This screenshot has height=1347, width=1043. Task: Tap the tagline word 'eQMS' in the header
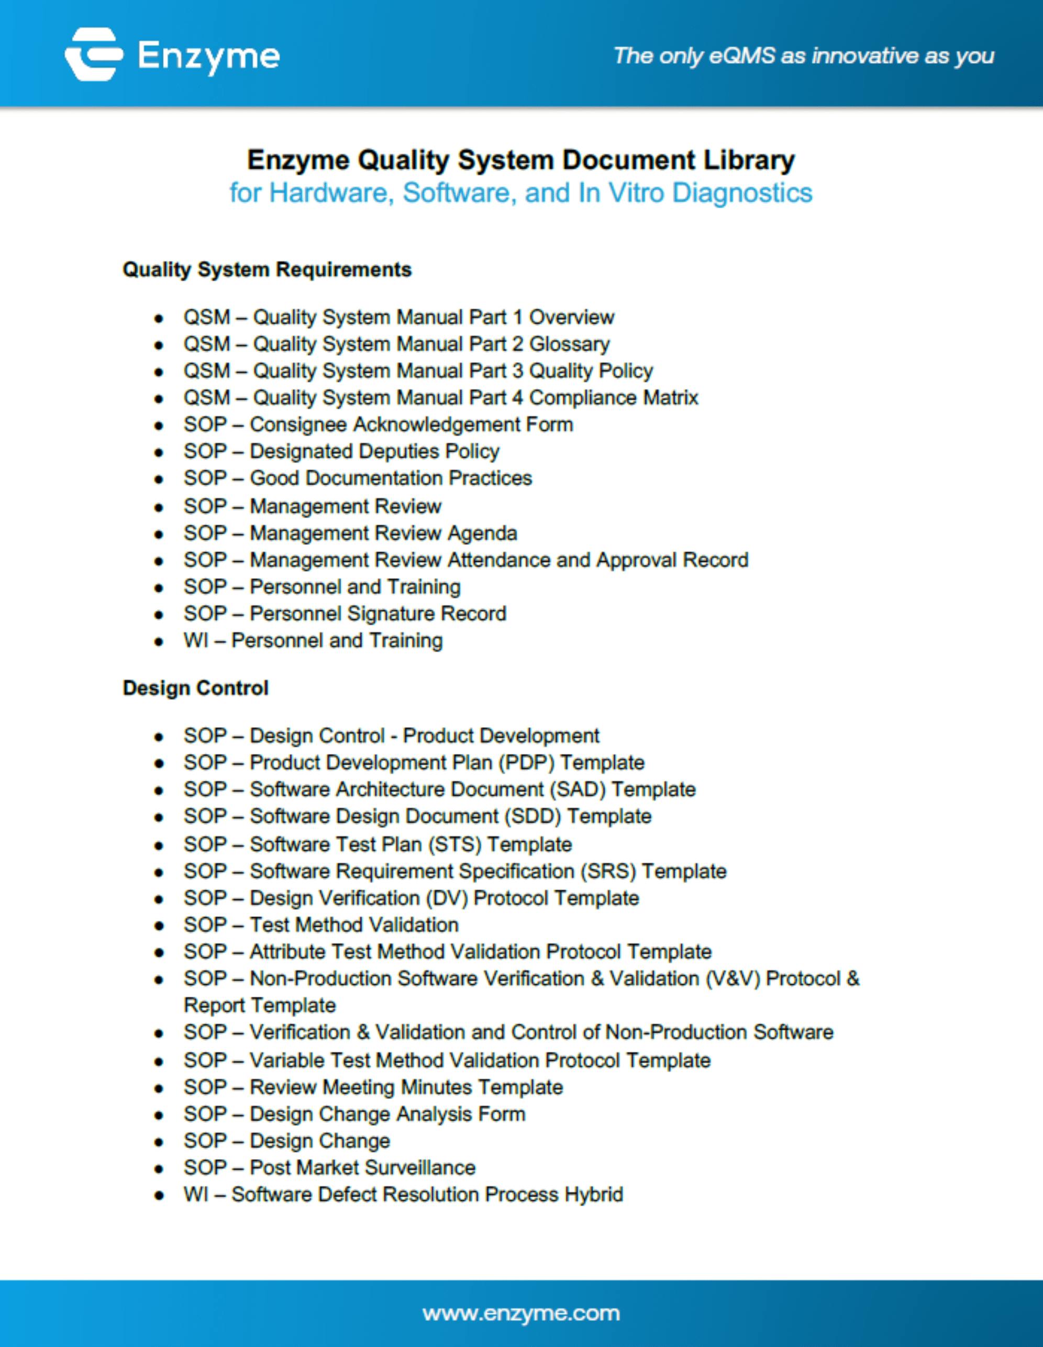coord(742,56)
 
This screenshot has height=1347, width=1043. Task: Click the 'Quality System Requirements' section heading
coord(267,270)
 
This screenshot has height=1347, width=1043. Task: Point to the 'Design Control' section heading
coord(195,688)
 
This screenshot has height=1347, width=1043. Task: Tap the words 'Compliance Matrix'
coord(614,397)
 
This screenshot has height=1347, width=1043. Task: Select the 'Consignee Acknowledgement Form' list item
coord(378,425)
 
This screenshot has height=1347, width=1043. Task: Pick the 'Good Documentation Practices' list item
coord(358,478)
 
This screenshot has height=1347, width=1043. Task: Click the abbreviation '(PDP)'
coord(526,762)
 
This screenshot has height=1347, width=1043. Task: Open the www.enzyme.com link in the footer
coord(521,1312)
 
